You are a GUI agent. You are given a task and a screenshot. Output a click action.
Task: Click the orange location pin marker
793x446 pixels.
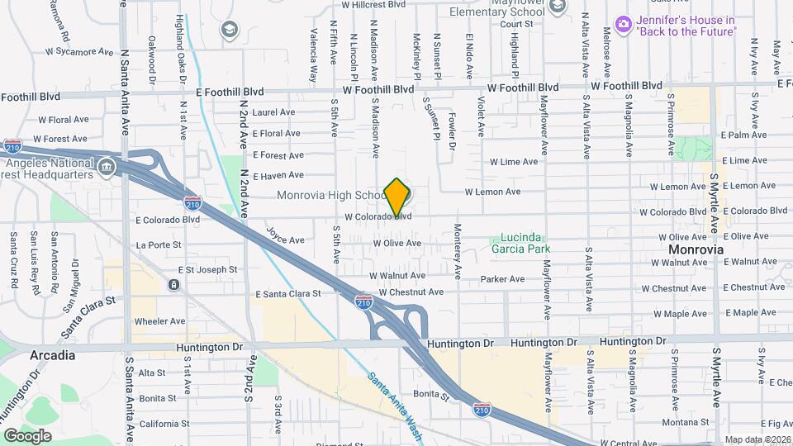tap(397, 197)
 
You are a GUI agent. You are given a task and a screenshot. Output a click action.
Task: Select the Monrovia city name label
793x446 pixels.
tap(696, 249)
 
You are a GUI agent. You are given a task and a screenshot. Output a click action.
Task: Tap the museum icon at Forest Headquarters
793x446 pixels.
tap(106, 168)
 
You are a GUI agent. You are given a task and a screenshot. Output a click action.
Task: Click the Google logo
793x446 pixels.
tap(27, 435)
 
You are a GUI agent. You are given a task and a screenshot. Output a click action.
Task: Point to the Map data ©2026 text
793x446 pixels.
tap(757, 439)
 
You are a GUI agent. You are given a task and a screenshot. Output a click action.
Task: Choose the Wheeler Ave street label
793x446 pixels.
tap(160, 321)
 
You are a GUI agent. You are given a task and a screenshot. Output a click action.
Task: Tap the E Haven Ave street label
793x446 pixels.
tap(278, 175)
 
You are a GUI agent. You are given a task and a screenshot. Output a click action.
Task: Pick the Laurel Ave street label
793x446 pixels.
tap(274, 112)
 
